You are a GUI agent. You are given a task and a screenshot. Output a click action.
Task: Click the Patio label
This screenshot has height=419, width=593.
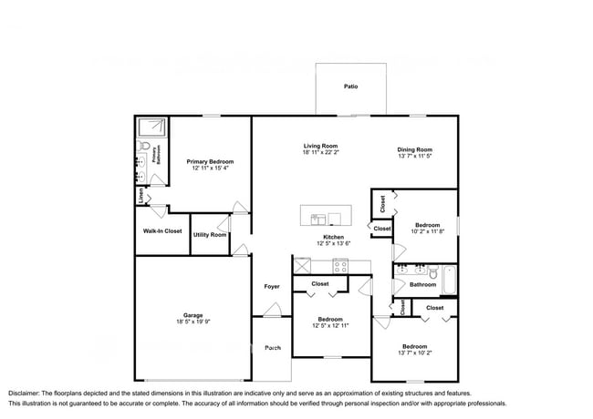coord(350,87)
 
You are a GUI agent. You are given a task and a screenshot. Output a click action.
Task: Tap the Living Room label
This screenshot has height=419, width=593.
coord(321,146)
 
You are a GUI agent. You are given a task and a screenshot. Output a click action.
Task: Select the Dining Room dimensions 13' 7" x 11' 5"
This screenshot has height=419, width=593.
coord(414,157)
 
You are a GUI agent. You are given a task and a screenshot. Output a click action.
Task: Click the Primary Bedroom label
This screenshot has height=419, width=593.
coord(210,160)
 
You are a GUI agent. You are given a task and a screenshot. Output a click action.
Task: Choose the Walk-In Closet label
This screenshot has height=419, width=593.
coord(162,230)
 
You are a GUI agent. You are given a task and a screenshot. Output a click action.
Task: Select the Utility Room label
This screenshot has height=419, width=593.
coord(209,235)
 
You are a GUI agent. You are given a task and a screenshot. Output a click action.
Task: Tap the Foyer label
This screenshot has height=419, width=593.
coord(272,286)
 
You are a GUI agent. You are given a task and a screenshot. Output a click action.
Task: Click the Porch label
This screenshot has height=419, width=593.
coord(272,348)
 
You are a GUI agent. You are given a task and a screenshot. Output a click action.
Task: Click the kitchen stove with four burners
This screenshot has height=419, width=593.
coord(340,267)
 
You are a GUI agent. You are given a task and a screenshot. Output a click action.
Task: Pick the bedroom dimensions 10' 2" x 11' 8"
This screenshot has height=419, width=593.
coord(428,231)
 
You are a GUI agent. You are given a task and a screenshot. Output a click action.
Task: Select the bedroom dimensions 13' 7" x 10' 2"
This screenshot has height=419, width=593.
coord(414,353)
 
